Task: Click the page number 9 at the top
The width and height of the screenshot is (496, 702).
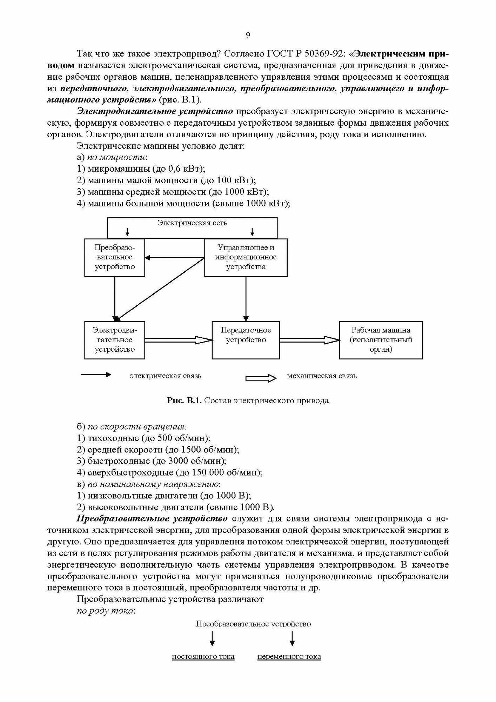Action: [248, 35]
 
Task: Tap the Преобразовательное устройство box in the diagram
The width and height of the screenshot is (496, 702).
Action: [115, 257]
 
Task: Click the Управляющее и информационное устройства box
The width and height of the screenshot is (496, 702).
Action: [246, 257]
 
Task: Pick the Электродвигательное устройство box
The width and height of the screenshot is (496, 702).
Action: [115, 340]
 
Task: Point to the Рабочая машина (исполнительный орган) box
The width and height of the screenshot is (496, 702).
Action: [381, 340]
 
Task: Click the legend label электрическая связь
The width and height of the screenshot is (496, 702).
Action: [166, 376]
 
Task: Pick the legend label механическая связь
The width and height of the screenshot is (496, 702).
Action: [322, 376]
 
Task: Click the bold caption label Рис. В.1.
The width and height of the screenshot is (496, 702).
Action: [184, 400]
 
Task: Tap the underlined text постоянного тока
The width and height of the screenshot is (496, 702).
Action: [203, 656]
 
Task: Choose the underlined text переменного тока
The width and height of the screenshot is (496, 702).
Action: [289, 656]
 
